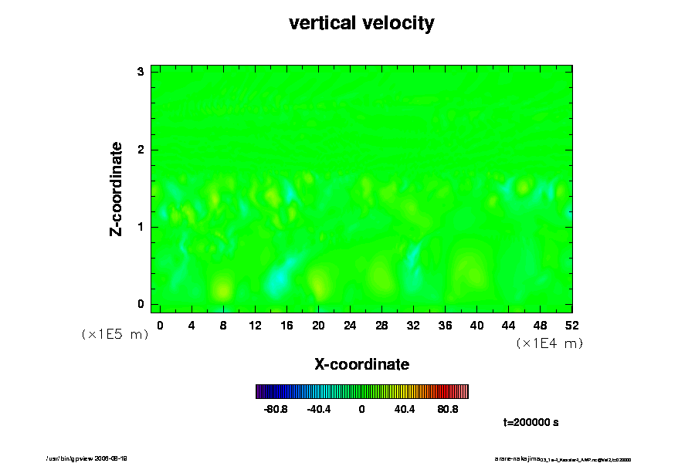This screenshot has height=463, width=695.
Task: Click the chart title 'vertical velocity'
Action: pos(361,23)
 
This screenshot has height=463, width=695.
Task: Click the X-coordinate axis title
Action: pos(361,363)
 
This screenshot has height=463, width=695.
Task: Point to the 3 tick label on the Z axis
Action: pos(141,72)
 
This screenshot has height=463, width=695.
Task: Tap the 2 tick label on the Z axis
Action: pos(141,149)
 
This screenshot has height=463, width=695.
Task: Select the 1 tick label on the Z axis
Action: pos(141,227)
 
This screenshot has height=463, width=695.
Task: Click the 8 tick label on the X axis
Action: pos(223,325)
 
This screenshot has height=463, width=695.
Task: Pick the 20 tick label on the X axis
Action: pos(318,325)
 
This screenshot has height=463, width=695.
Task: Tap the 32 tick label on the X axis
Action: pos(413,325)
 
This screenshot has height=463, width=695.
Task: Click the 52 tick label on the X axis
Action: pos(572,325)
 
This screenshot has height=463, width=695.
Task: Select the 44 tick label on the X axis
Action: pos(509,325)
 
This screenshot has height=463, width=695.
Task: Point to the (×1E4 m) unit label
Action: pos(549,343)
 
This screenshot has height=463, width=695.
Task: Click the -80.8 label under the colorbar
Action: pos(276,409)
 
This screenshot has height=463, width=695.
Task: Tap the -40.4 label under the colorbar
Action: pos(319,409)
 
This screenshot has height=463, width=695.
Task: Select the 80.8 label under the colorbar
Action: pos(448,409)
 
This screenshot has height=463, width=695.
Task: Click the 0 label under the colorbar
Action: pos(361,409)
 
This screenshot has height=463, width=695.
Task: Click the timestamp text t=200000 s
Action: pos(531,422)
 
